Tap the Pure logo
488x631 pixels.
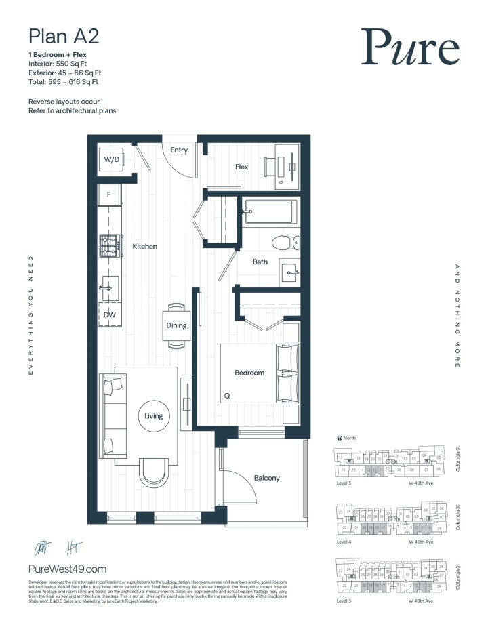tap(409, 47)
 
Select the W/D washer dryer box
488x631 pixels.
tap(111, 160)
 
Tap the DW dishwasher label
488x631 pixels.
tap(109, 314)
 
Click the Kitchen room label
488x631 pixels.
tap(144, 247)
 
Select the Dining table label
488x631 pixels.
tap(176, 325)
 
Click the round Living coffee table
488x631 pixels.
tap(154, 415)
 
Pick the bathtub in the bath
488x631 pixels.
tap(270, 213)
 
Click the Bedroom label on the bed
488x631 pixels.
tap(249, 373)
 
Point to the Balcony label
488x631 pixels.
tap(266, 478)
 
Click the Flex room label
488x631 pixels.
tap(241, 167)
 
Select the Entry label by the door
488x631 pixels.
tap(179, 150)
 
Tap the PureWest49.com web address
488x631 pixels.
tap(68, 570)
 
